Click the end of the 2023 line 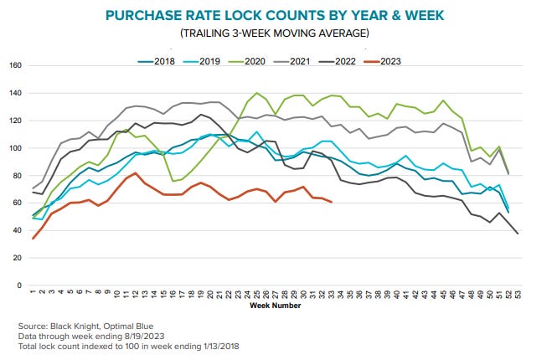332,202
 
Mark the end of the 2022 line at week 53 517,233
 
